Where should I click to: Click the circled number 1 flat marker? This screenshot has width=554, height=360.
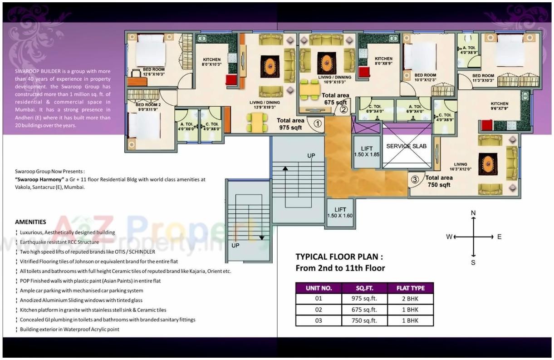click(x=318, y=123)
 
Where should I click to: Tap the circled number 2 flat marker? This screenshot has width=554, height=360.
click(x=343, y=109)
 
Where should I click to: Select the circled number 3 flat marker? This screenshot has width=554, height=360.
click(x=415, y=179)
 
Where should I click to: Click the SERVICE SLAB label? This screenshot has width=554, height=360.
click(x=406, y=146)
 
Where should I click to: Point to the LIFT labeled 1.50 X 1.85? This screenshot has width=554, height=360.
click(x=367, y=152)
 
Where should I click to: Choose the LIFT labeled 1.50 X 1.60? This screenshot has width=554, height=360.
click(x=340, y=212)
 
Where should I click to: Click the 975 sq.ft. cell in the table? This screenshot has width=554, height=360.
click(x=364, y=299)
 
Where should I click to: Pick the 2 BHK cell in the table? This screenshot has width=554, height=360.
click(x=410, y=299)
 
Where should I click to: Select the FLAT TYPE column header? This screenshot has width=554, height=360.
click(x=410, y=288)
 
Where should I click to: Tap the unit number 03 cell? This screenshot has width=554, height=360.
click(x=318, y=321)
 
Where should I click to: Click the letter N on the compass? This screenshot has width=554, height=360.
click(x=473, y=213)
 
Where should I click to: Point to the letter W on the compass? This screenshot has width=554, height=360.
click(x=449, y=237)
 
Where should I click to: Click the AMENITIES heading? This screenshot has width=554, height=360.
click(x=30, y=222)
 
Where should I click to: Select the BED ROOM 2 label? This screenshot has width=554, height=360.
click(x=147, y=107)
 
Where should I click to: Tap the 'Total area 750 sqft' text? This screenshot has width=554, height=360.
click(x=439, y=182)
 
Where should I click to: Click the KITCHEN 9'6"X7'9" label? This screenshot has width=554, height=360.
click(x=499, y=106)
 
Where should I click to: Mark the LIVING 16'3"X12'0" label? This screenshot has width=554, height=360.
click(x=461, y=167)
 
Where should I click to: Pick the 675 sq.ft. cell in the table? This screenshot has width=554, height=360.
click(x=364, y=310)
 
